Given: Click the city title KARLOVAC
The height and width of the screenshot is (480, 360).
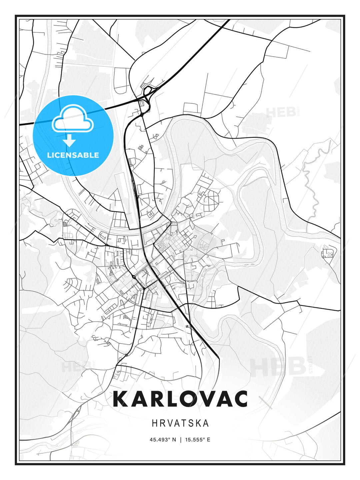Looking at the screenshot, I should coord(180,399).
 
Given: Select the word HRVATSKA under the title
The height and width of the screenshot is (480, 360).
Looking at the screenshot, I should coord(180,423).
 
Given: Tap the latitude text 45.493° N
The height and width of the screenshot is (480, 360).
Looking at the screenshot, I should coord(163,440).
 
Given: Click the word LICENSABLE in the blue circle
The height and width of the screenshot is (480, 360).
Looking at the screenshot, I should coord(73,155).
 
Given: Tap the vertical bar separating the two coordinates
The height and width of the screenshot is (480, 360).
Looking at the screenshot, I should coord(180,440).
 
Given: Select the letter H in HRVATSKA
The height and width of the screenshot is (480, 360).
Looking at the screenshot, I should coord(154,423).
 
